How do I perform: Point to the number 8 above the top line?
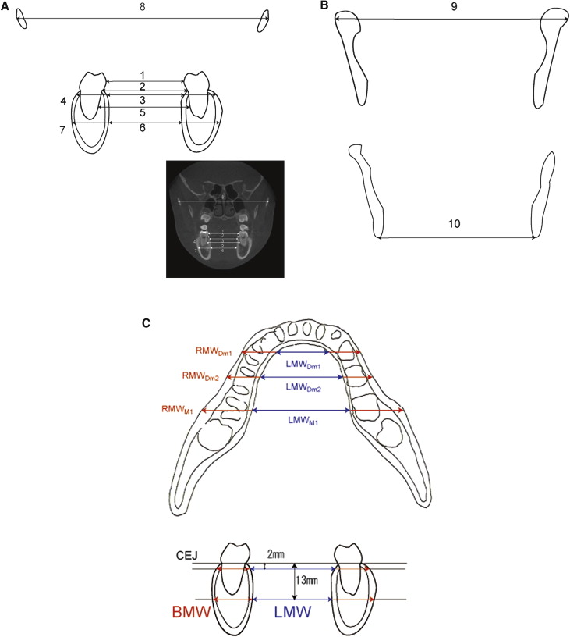click(143, 7)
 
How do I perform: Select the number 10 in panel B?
click(455, 223)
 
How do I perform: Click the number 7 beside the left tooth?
click(62, 130)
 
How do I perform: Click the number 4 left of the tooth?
click(62, 101)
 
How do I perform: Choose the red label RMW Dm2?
click(200, 376)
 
